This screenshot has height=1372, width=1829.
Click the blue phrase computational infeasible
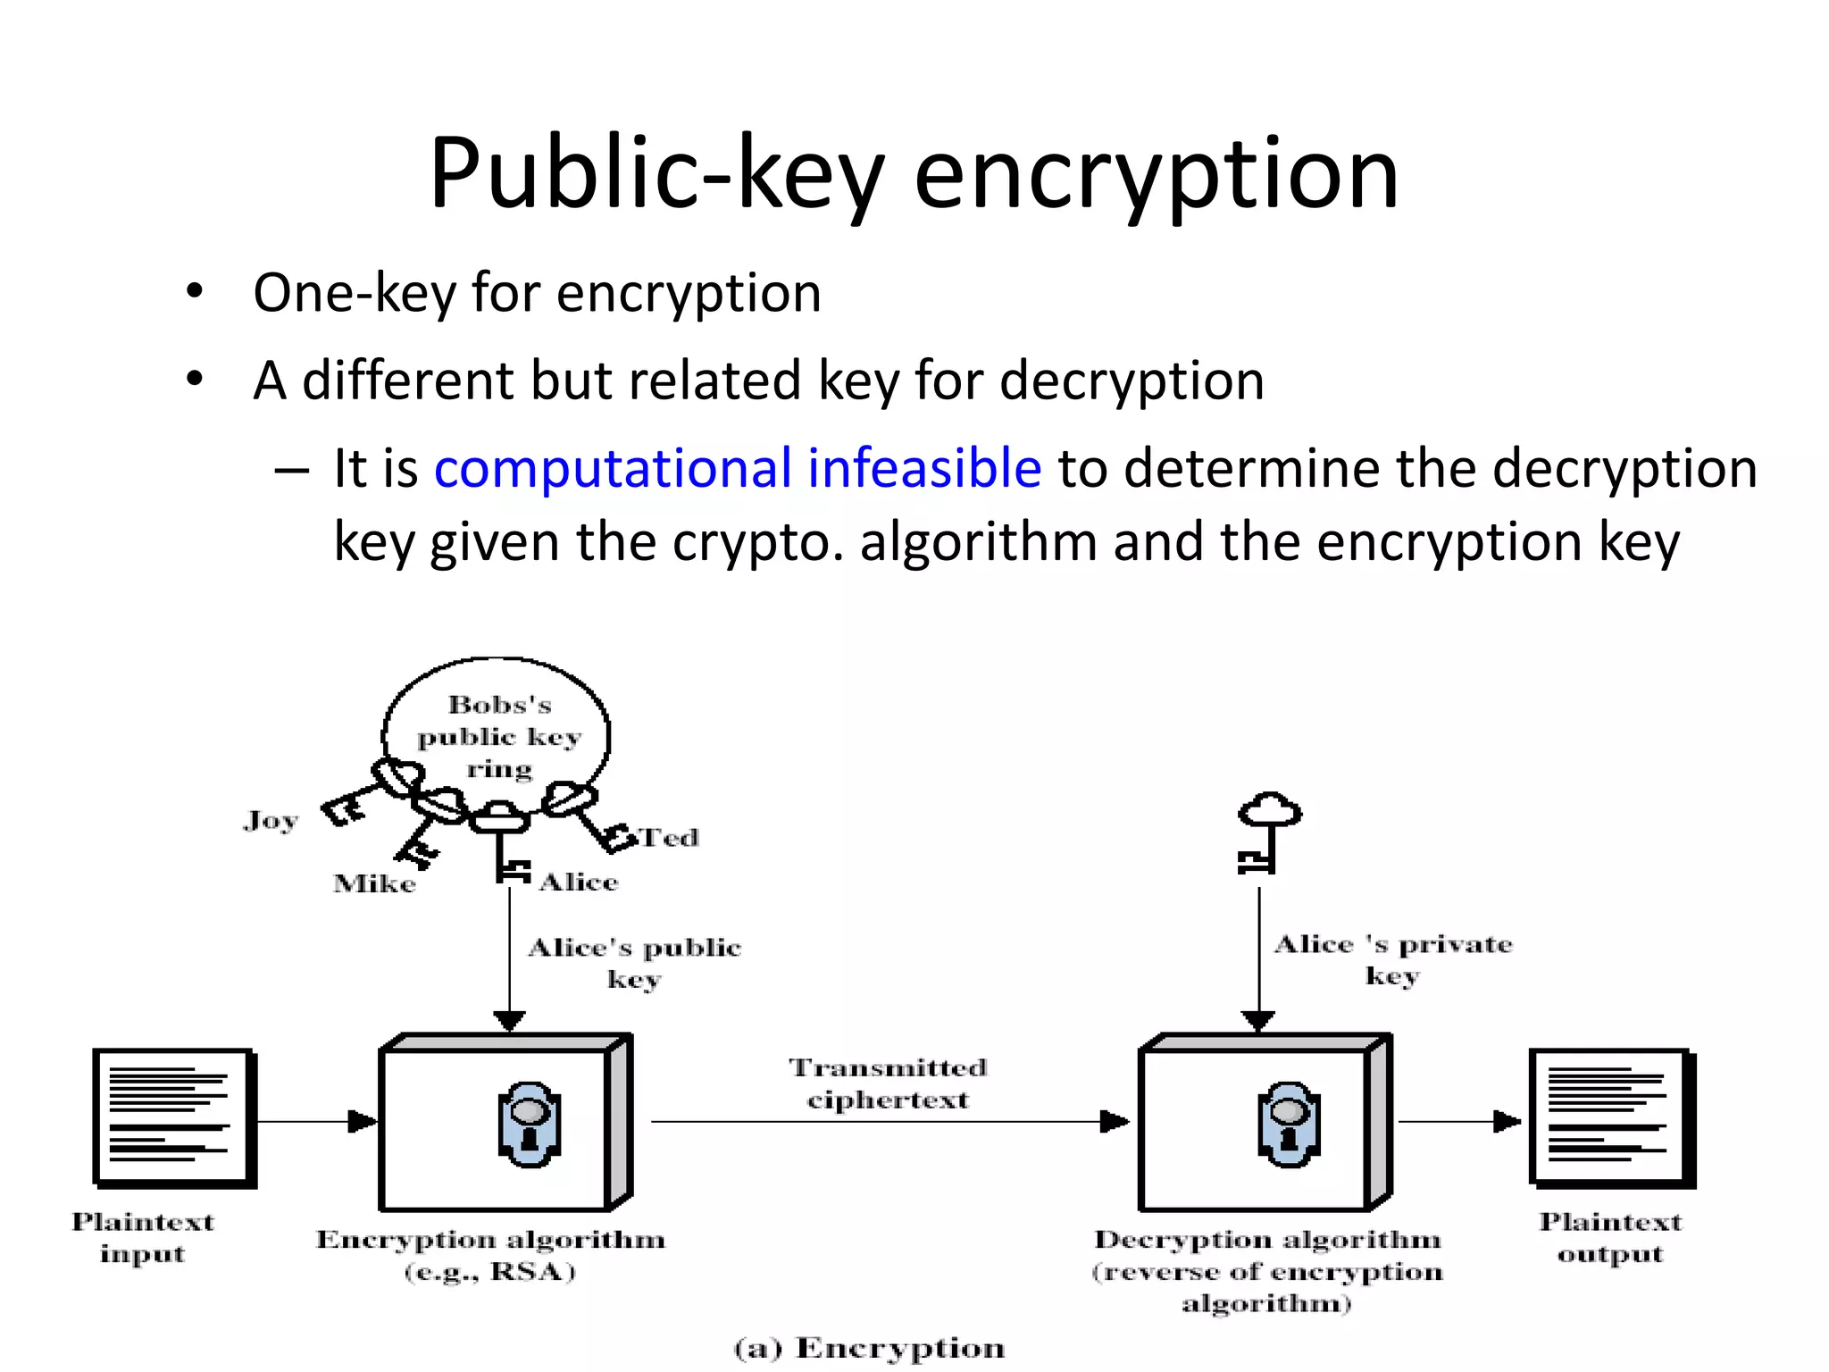coord(738,468)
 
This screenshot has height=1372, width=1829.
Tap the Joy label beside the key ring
coord(270,820)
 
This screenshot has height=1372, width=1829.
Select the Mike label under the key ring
coord(374,883)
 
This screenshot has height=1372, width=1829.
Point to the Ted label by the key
coord(670,838)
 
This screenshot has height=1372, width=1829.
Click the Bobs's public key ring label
coord(499,736)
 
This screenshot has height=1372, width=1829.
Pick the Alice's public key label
coord(634,962)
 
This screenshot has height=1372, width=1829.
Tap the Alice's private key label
coord(1393,958)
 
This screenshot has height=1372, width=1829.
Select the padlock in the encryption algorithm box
coord(530,1125)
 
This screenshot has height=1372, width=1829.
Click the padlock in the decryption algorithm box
coord(1289,1125)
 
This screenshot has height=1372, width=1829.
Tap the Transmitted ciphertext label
coord(888,1083)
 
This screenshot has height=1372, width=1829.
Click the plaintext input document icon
coord(173,1117)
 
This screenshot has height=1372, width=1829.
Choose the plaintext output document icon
coord(1610,1117)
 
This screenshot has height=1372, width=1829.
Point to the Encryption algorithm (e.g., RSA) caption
coord(490,1254)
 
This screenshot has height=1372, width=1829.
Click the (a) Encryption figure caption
coord(869,1348)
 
